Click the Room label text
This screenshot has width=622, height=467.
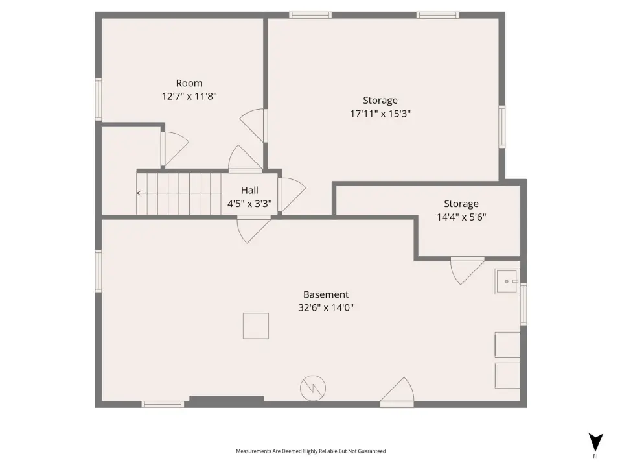pyautogui.click(x=189, y=83)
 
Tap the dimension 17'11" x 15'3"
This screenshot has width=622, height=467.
pyautogui.click(x=380, y=114)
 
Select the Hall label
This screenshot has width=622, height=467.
pyautogui.click(x=249, y=190)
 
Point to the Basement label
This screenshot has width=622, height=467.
pyautogui.click(x=326, y=294)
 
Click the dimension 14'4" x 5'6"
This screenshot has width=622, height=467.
pyautogui.click(x=461, y=217)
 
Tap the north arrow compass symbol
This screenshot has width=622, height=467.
pyautogui.click(x=595, y=442)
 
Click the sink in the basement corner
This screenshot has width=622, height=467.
pyautogui.click(x=507, y=281)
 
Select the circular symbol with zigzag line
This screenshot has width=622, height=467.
pyautogui.click(x=313, y=388)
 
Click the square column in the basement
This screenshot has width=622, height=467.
pyautogui.click(x=256, y=326)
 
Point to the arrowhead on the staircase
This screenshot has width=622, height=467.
pyautogui.click(x=139, y=193)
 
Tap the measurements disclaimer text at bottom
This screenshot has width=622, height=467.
pyautogui.click(x=310, y=451)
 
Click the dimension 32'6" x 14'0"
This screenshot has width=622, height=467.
pyautogui.click(x=326, y=307)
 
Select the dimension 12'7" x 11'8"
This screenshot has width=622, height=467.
pyautogui.click(x=189, y=96)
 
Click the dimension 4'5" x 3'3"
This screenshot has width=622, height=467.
pyautogui.click(x=249, y=204)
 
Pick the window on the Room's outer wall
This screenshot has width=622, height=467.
pyautogui.click(x=98, y=99)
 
